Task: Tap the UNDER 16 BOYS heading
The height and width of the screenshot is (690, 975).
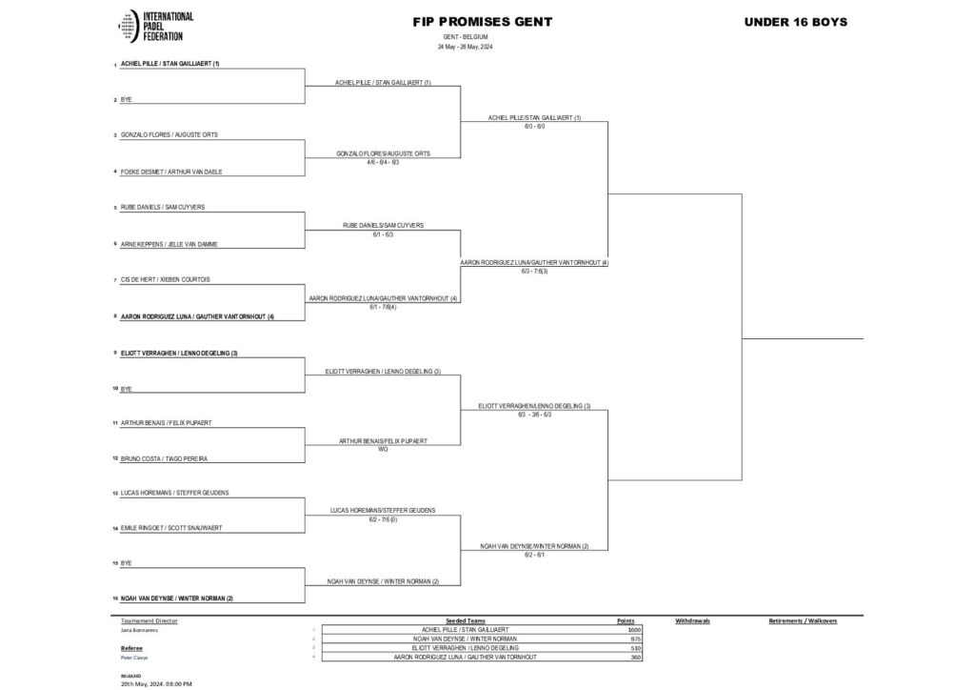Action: click(797, 22)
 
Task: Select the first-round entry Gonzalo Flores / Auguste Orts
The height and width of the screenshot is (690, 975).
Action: click(169, 135)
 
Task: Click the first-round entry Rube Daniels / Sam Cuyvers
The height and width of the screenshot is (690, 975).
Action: click(163, 207)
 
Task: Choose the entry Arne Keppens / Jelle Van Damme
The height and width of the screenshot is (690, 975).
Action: click(169, 244)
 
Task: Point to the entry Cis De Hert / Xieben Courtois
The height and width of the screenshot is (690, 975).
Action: click(166, 279)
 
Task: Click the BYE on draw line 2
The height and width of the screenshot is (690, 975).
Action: click(126, 100)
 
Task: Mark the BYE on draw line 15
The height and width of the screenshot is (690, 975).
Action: click(126, 564)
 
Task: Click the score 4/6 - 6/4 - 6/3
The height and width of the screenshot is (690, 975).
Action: click(382, 162)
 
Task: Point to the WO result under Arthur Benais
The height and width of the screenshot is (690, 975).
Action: click(383, 449)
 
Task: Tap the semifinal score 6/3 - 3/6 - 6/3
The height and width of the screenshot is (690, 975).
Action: click(534, 415)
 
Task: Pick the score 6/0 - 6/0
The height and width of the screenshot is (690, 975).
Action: click(534, 126)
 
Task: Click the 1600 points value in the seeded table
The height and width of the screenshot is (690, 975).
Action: click(634, 630)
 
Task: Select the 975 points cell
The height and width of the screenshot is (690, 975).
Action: click(635, 639)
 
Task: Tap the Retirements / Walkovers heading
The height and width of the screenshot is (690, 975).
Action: click(802, 620)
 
